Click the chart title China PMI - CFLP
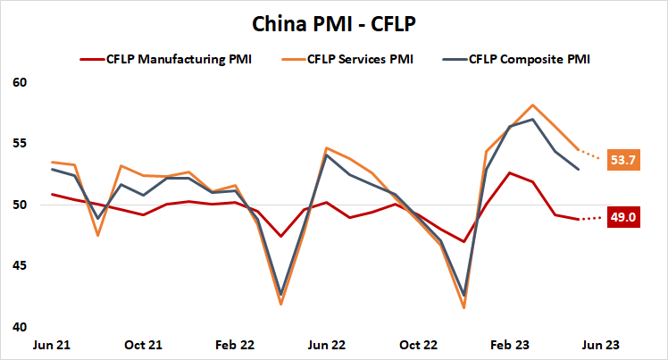pyautogui.click(x=333, y=24)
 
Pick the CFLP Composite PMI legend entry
pyautogui.click(x=529, y=60)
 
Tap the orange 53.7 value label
pyautogui.click(x=622, y=160)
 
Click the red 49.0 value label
pyautogui.click(x=622, y=217)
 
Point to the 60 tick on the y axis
pyautogui.click(x=21, y=82)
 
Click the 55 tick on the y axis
pyautogui.click(x=21, y=143)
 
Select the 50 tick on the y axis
pyautogui.click(x=21, y=205)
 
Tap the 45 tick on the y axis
pyautogui.click(x=21, y=265)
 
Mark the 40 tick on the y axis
pyautogui.click(x=21, y=327)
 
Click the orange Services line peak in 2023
pyautogui.click(x=532, y=105)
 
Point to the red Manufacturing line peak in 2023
pyautogui.click(x=510, y=172)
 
